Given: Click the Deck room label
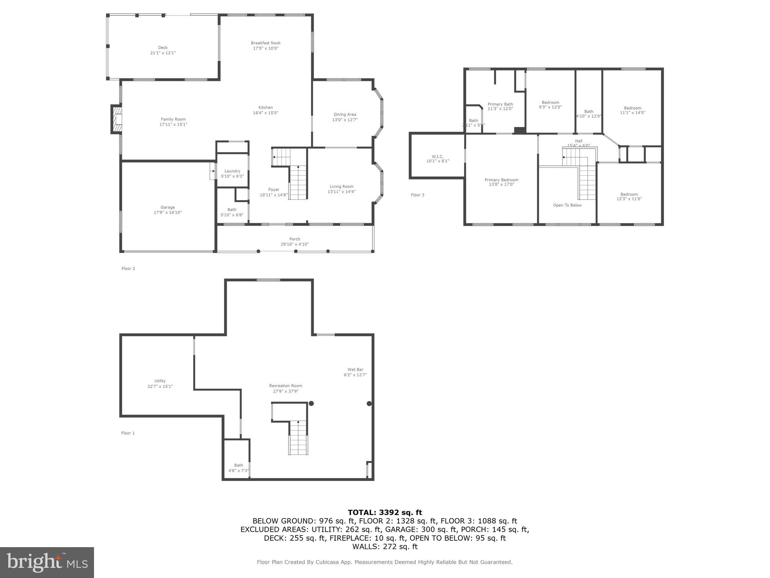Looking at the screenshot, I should click(x=163, y=47).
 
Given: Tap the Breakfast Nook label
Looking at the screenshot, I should click(x=266, y=43).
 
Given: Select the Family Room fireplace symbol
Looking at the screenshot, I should click(x=117, y=119).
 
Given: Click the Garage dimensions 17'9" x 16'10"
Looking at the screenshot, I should click(x=167, y=213).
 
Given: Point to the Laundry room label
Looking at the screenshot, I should click(x=232, y=171).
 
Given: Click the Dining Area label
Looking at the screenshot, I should click(x=345, y=114).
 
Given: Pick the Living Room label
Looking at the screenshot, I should click(x=341, y=186).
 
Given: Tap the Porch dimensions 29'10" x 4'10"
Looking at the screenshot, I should click(x=295, y=244).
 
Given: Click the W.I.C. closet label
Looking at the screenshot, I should click(x=438, y=157).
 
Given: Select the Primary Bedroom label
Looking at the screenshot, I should click(x=501, y=180).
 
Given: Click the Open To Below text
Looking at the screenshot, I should click(x=567, y=205).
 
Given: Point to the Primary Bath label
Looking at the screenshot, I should click(x=500, y=104).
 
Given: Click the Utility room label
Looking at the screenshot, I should click(x=160, y=381).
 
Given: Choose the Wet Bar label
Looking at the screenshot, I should click(x=355, y=370).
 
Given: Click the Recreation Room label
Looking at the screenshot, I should click(x=285, y=386).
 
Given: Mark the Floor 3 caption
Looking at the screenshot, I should click(x=417, y=195).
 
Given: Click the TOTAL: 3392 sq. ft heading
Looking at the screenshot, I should click(x=385, y=512).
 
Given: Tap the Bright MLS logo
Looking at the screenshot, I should click(x=47, y=562).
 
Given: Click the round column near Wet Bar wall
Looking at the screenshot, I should click(x=369, y=403).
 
